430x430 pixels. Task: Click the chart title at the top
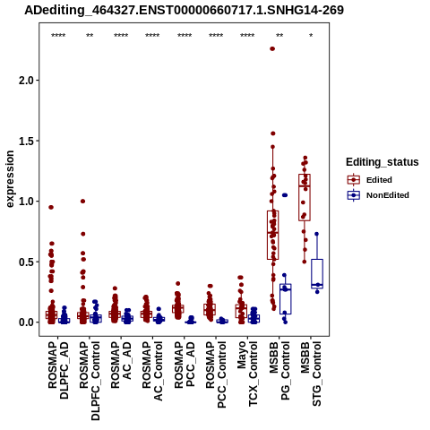[x=184, y=10]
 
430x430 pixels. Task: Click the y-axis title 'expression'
[x=10, y=179]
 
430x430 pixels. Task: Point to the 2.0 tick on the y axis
[x=27, y=81]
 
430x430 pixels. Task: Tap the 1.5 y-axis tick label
[x=27, y=141]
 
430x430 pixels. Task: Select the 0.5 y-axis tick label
[x=27, y=262]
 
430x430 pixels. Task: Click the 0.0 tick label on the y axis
[x=27, y=322]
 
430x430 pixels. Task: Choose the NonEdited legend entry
[x=378, y=195]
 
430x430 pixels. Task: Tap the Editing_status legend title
[x=383, y=162]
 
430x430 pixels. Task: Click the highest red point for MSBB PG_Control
[x=272, y=48]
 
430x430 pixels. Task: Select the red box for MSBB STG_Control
[x=305, y=197]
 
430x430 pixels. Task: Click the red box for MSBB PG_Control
[x=272, y=235]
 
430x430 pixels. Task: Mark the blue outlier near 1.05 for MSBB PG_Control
[x=285, y=195]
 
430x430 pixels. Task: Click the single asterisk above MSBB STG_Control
[x=311, y=36]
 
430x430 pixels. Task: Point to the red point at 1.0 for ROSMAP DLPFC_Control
[x=83, y=202]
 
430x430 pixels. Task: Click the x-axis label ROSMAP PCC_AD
[x=185, y=365]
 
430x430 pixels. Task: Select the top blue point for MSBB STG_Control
[x=316, y=234]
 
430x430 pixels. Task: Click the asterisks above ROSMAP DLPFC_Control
[x=90, y=36]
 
